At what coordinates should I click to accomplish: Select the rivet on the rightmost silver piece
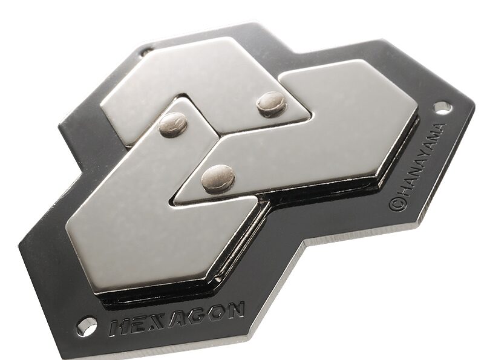click(218, 177)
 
